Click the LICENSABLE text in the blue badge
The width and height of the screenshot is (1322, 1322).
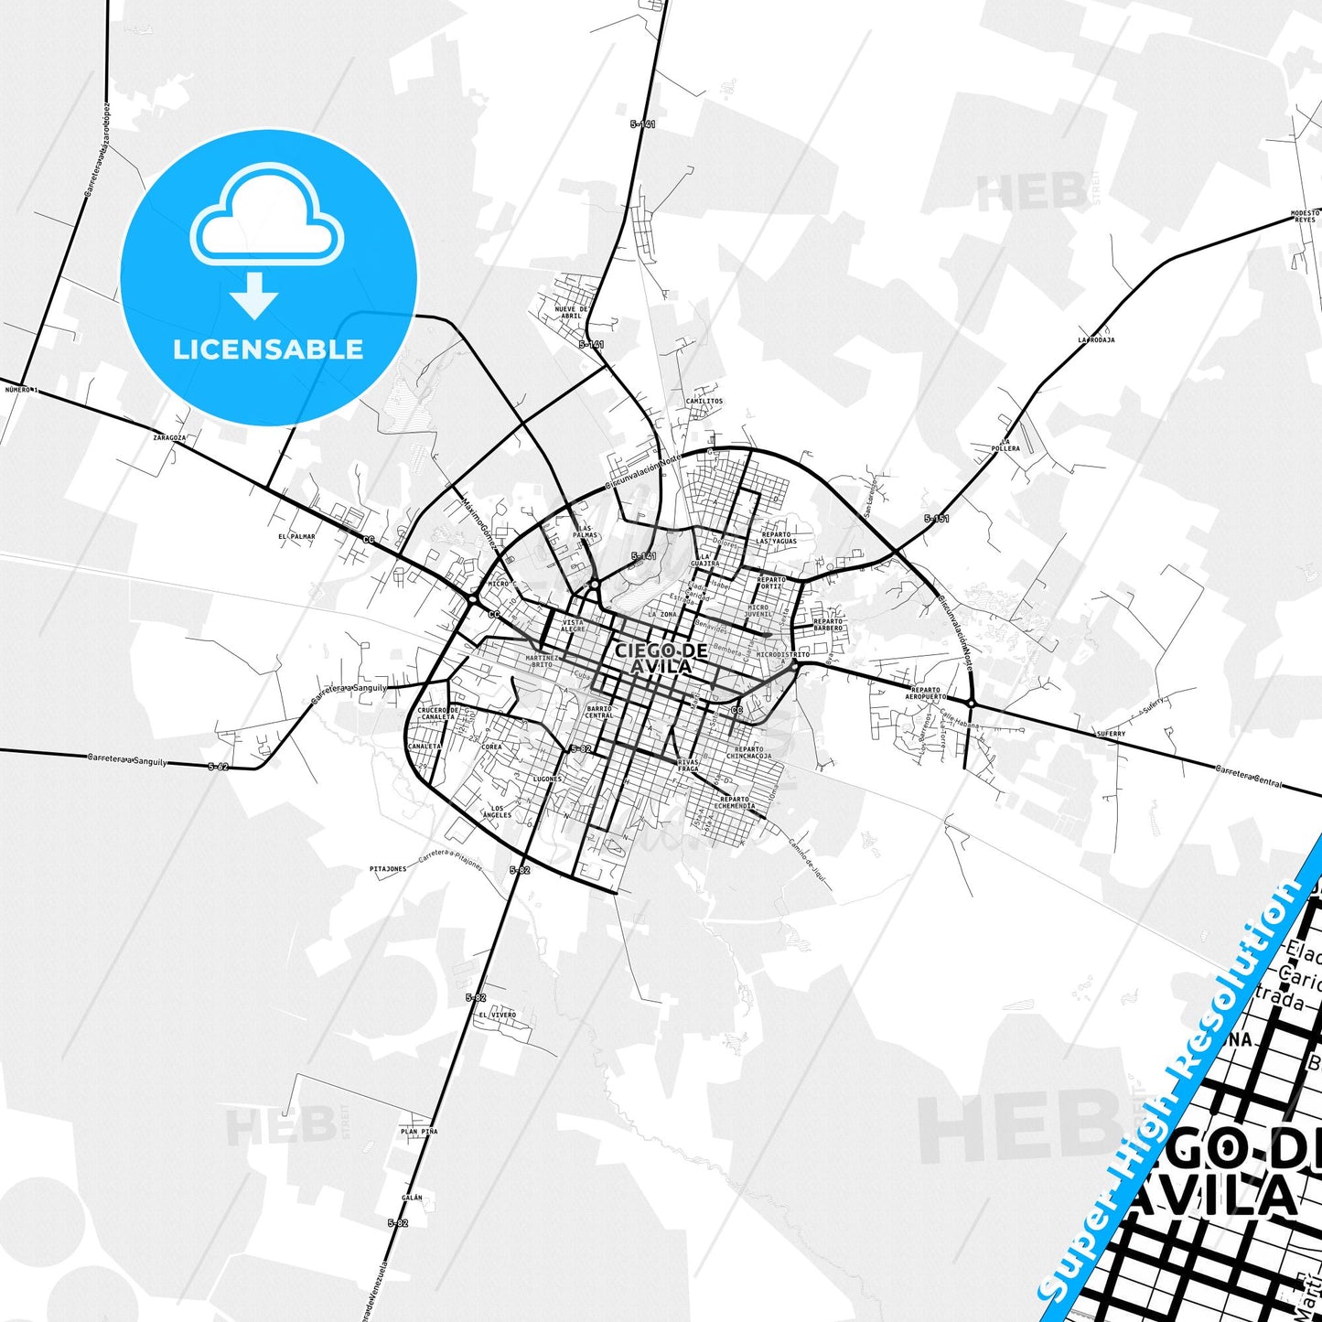[x=268, y=349]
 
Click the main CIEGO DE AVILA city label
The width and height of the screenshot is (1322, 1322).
[x=661, y=658]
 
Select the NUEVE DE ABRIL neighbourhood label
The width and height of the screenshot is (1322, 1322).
[x=572, y=312]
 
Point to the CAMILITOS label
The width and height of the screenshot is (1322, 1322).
[x=704, y=401]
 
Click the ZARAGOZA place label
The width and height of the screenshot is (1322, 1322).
[x=169, y=437]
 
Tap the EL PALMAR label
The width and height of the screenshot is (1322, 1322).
[x=296, y=536]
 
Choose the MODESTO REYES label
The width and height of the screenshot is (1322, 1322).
[x=1304, y=217]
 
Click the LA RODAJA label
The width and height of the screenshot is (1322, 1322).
[x=1095, y=339]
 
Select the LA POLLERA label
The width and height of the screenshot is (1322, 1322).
[x=1005, y=445]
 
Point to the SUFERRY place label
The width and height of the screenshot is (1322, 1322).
[x=1111, y=734]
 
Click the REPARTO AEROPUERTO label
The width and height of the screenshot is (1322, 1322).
[x=925, y=693]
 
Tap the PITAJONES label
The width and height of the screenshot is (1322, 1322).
[x=388, y=869]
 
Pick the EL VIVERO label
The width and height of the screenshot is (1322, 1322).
[x=497, y=1015]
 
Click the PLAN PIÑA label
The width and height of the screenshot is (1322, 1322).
[x=419, y=1132]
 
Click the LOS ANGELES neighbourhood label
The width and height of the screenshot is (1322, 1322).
[x=501, y=811]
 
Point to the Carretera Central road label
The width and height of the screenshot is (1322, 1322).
[x=1248, y=777]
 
